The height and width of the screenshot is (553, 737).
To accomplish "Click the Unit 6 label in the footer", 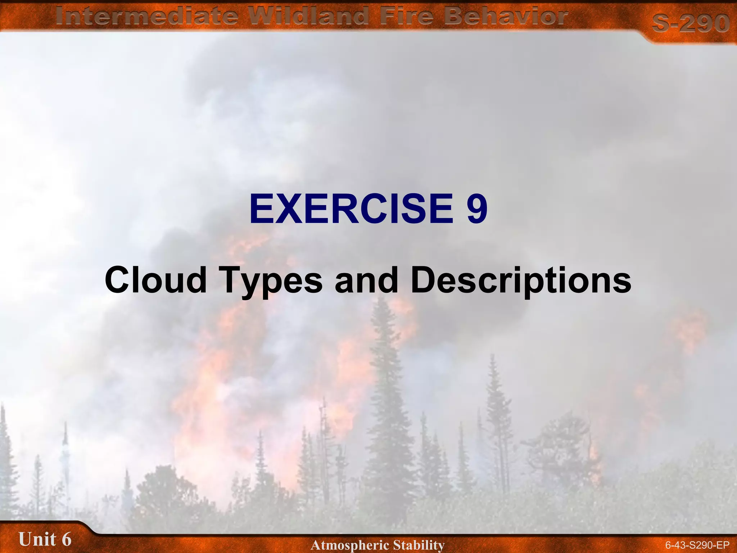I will click(x=45, y=539).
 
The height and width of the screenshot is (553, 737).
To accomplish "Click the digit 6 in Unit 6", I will click(x=66, y=539).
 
